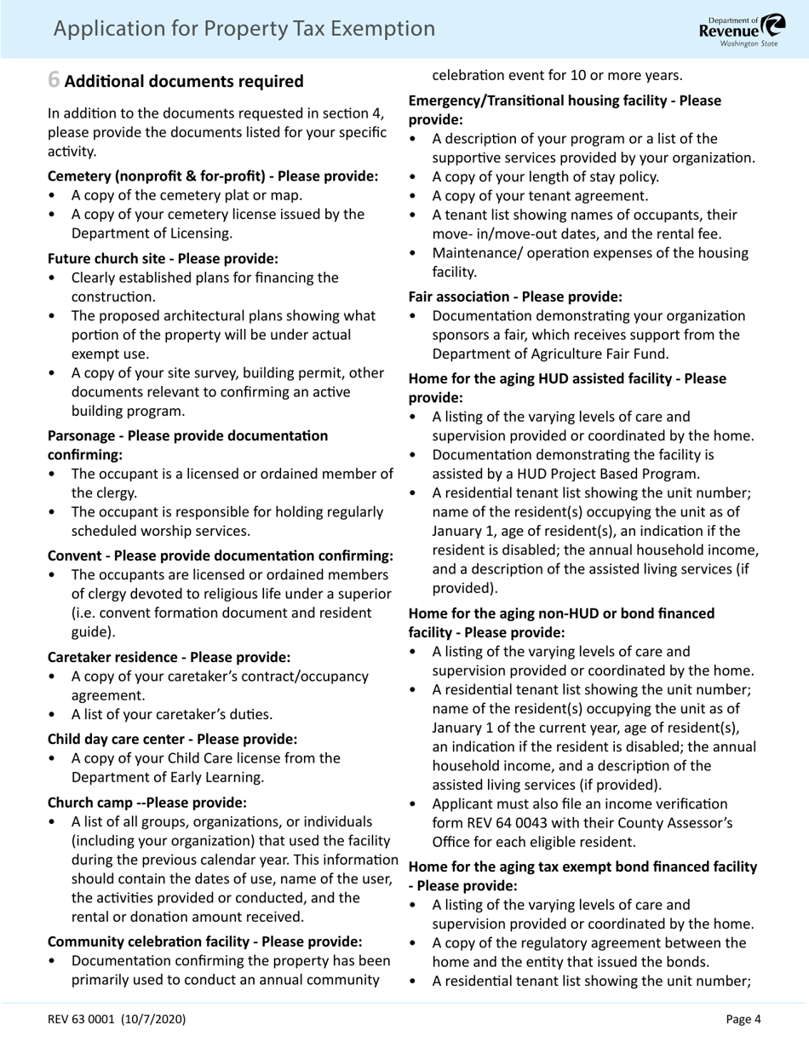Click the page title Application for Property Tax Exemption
(x=244, y=29)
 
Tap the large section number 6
(x=54, y=81)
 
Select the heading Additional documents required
(x=184, y=82)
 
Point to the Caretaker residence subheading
(x=169, y=657)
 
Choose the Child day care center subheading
(x=172, y=738)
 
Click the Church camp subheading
(x=147, y=803)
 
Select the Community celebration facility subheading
(x=204, y=941)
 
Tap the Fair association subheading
(x=515, y=297)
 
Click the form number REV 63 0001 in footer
(x=116, y=1019)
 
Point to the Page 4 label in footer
(x=743, y=1019)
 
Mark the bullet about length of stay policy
(x=545, y=177)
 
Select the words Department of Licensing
(x=150, y=233)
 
